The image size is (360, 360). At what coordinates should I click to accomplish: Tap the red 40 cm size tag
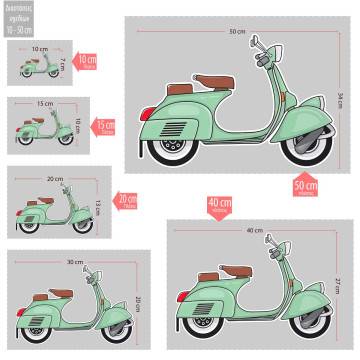(216, 204)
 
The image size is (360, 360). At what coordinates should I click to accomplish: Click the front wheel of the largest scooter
(300, 146)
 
